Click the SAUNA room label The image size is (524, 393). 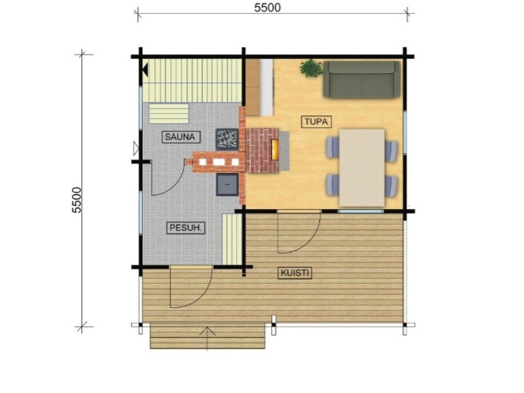(181, 137)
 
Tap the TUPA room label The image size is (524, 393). (316, 122)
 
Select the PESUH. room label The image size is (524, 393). (185, 228)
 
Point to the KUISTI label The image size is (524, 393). (295, 273)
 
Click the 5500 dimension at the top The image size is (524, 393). (267, 7)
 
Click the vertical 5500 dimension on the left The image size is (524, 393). (77, 200)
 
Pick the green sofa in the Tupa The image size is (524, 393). (362, 79)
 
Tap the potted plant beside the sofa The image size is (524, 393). (311, 69)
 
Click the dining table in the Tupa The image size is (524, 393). (362, 168)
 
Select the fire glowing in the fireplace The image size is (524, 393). (274, 150)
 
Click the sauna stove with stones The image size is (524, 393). (227, 139)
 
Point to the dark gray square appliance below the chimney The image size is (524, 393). (227, 185)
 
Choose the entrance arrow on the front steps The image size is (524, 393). (207, 338)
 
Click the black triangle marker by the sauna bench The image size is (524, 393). (145, 69)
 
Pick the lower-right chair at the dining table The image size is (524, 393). (390, 185)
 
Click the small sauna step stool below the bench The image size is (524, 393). (169, 113)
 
